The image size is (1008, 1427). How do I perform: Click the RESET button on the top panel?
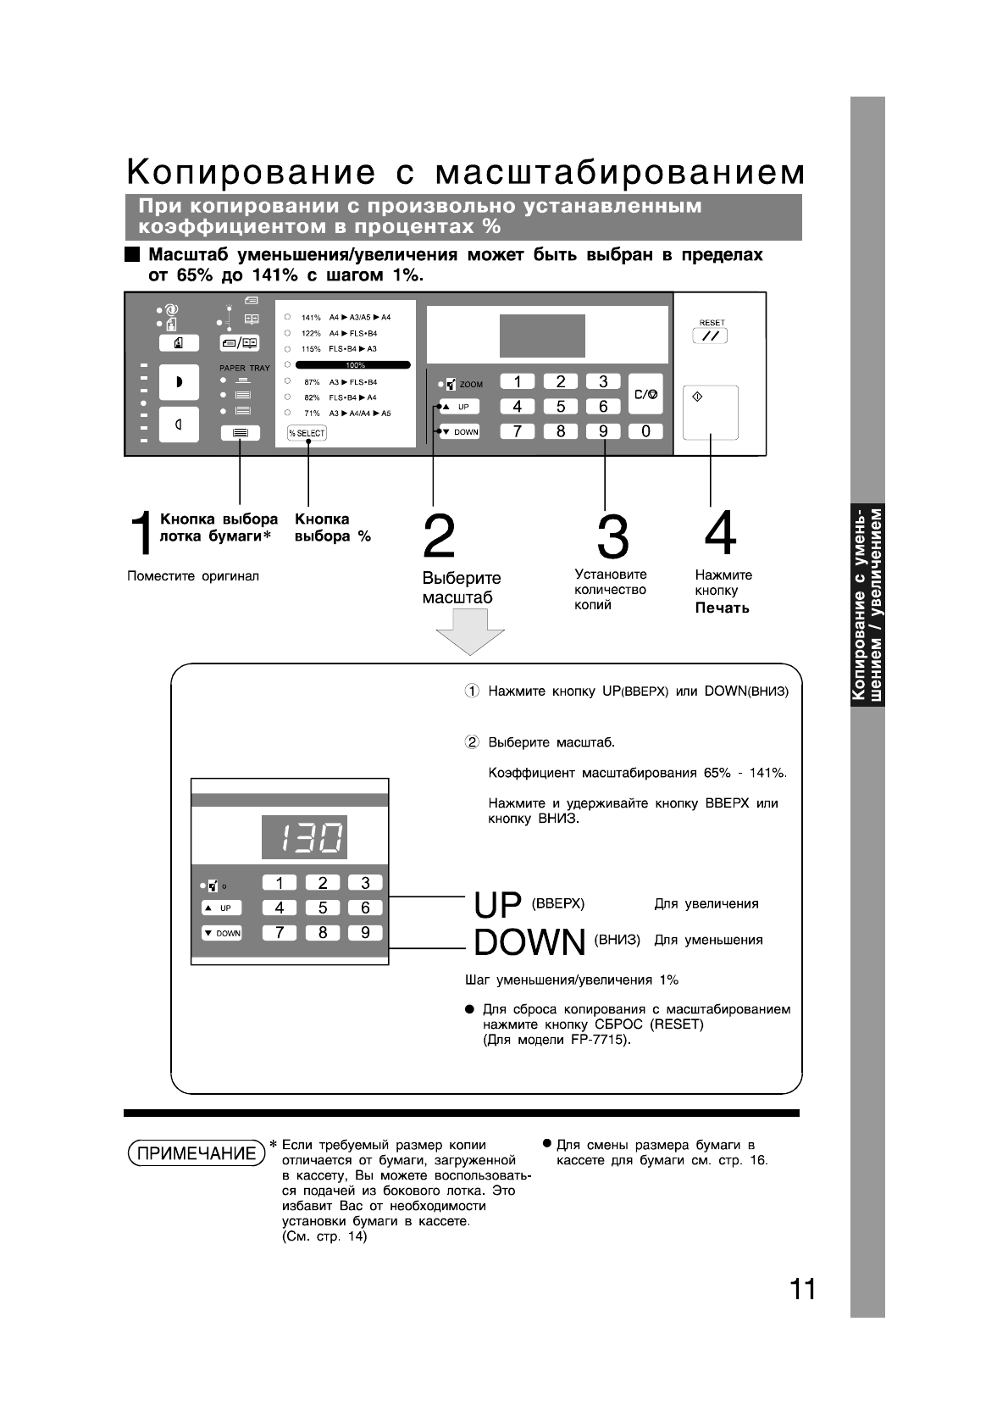(710, 336)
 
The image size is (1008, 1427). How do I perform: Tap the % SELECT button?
(307, 433)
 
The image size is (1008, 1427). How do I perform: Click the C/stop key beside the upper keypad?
(645, 395)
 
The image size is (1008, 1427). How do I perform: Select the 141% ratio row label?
(311, 317)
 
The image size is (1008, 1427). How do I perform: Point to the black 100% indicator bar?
(353, 365)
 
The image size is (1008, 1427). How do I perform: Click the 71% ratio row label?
(312, 414)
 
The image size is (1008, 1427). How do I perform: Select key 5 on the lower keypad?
(323, 908)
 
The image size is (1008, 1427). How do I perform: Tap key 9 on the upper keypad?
(603, 431)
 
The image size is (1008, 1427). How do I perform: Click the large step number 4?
(720, 534)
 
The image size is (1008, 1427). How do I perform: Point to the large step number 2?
(439, 536)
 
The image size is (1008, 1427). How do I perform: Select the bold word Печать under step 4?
(722, 608)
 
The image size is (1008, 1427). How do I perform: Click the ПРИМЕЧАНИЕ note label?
(197, 1153)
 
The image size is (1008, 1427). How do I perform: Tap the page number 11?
(803, 1289)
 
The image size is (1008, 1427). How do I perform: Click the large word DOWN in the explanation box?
(529, 942)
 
